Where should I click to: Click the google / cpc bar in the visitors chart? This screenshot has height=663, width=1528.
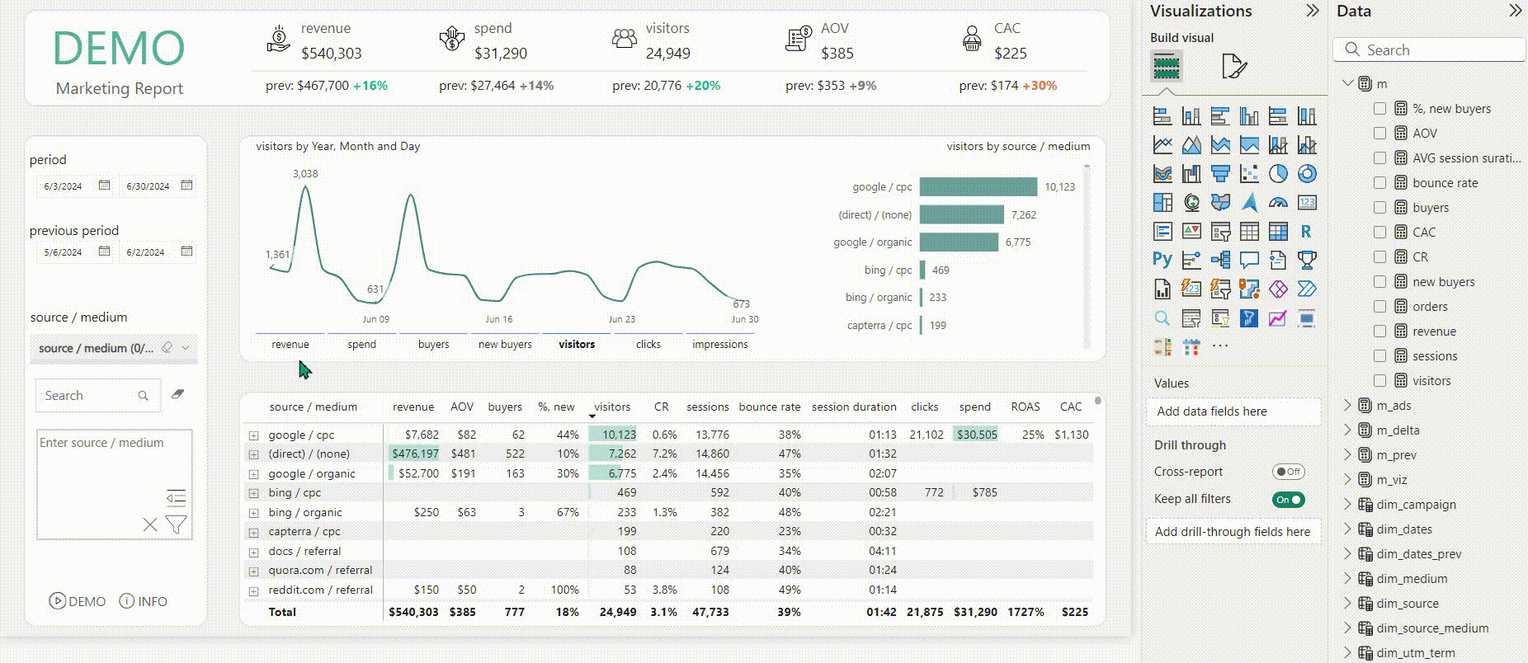pos(979,187)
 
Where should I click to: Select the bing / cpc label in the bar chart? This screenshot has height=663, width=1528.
pos(889,270)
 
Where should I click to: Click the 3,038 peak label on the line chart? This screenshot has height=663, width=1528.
pos(305,174)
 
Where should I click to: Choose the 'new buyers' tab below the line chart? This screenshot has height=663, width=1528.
pos(505,345)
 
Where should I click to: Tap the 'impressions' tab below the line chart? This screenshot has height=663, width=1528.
pos(720,345)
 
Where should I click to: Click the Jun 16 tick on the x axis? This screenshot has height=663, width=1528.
pos(499,319)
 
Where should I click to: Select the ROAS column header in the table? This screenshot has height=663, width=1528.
pos(1026,407)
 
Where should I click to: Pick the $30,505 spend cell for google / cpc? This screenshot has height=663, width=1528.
pos(977,435)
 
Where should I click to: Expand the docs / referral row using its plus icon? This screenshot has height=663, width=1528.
pos(253,552)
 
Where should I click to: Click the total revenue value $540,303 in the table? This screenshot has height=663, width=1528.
pos(413,612)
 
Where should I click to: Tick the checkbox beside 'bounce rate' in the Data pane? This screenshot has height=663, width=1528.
pos(1379,183)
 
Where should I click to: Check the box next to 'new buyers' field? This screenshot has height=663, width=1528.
pos(1379,282)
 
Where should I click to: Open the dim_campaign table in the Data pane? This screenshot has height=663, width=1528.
pos(1416,505)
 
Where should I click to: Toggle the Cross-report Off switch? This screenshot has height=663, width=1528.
pos(1289,472)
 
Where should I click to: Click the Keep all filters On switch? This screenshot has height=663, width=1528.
pos(1289,500)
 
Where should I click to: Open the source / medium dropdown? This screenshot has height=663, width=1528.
pos(114,348)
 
